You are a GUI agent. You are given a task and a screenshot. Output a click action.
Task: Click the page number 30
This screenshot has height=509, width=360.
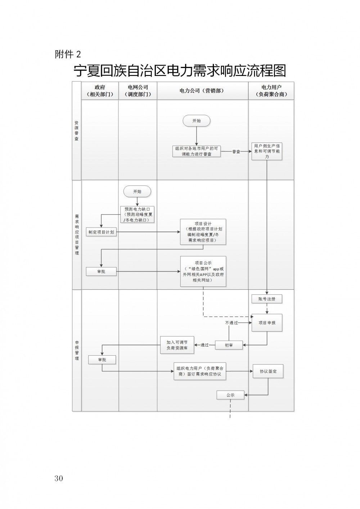[59, 478]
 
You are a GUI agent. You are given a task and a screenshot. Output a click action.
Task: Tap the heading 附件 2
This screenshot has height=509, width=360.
[68, 54]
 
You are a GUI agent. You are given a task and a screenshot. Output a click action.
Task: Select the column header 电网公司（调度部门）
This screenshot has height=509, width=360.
[138, 91]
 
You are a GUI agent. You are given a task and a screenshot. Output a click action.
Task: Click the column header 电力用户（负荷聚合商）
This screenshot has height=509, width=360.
[271, 91]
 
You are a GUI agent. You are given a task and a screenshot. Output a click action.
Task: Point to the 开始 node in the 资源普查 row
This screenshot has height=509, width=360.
[197, 121]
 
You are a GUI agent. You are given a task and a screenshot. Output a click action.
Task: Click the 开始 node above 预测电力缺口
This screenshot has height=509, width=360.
[137, 192]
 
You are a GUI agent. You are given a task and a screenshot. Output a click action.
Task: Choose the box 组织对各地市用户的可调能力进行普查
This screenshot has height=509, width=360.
[197, 151]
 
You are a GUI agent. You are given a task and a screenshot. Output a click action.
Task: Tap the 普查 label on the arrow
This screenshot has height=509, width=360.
[236, 152]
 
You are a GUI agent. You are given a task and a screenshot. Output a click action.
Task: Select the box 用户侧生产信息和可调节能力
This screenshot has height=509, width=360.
[267, 151]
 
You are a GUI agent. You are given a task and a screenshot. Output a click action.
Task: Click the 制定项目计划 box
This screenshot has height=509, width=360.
[101, 232]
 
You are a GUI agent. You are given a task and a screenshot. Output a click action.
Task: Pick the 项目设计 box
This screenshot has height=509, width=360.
[203, 232]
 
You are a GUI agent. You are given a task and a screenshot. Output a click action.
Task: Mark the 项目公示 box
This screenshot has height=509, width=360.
[203, 271]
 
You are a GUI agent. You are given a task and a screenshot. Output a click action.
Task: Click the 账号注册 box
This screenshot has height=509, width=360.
[267, 299]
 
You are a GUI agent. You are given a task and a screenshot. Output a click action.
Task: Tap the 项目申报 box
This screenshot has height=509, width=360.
[267, 323]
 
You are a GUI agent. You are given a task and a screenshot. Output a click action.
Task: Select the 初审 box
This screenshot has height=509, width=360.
[229, 345]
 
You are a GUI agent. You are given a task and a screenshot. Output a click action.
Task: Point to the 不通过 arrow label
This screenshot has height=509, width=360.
[231, 323]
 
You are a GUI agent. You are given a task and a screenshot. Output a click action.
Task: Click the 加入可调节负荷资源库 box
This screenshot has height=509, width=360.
[177, 345]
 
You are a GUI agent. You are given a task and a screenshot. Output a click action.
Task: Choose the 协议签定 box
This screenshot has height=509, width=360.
[268, 371]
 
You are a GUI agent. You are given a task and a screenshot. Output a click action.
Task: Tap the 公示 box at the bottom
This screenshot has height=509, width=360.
[230, 395]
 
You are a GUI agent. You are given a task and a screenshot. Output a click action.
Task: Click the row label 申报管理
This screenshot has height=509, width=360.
[77, 350]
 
